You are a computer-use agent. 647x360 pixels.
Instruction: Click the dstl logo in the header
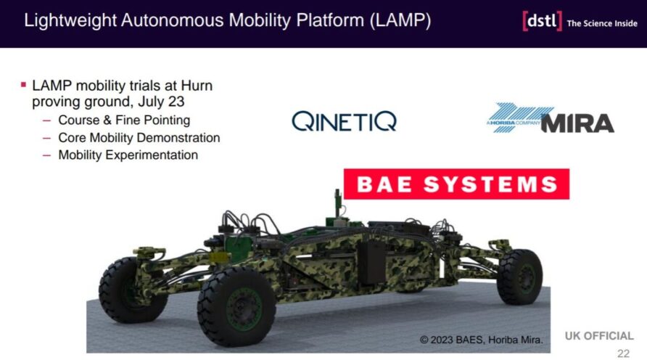click(542, 20)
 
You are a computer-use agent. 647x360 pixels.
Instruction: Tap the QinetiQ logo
click(344, 121)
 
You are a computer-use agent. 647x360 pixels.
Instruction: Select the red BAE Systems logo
click(456, 184)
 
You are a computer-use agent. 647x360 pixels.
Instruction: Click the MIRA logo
click(551, 118)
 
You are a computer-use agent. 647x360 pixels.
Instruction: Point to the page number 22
click(624, 353)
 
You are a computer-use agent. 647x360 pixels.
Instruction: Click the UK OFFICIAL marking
click(599, 335)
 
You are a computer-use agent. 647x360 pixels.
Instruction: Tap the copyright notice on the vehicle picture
click(481, 340)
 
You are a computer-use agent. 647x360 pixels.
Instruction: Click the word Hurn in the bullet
click(197, 86)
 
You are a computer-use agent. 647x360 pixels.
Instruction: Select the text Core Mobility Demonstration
click(139, 137)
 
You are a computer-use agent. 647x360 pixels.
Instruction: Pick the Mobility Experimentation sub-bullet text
click(128, 155)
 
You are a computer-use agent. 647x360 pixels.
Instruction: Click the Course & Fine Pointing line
click(124, 120)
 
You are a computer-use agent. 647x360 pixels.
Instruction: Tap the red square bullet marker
click(23, 85)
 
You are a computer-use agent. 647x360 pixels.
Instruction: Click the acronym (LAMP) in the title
click(400, 20)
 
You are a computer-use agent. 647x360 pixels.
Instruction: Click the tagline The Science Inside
click(602, 23)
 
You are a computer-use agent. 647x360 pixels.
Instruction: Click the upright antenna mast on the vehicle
click(338, 202)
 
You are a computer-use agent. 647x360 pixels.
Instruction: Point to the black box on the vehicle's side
click(371, 262)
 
